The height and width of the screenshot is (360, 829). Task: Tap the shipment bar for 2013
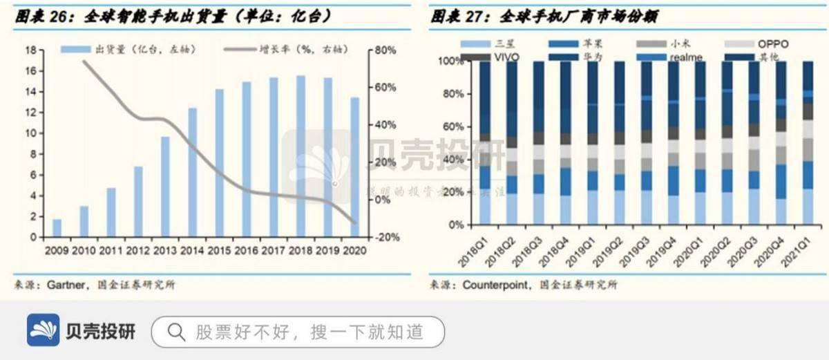(165, 187)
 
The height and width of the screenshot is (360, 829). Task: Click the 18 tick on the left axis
(30, 50)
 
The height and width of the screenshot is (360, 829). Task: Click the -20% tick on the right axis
(385, 237)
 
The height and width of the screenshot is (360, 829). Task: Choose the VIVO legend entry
(510, 57)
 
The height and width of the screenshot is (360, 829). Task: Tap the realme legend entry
(685, 57)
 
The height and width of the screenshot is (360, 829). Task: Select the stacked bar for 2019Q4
(674, 143)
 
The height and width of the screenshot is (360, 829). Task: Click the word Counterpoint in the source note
(497, 285)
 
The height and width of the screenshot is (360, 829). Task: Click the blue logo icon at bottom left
(43, 330)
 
